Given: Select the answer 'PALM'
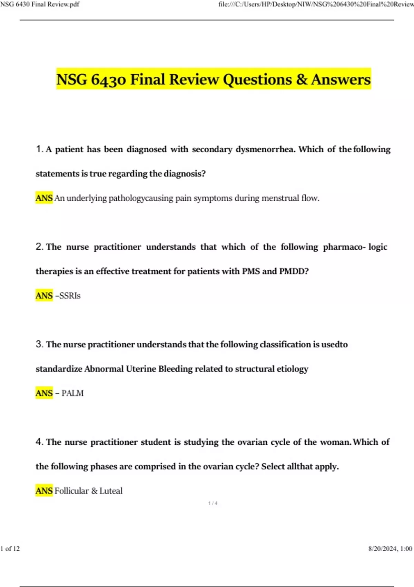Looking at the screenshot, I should pyautogui.click(x=72, y=393).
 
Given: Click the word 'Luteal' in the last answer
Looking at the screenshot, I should pyautogui.click(x=111, y=491).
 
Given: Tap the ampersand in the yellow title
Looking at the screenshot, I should pyautogui.click(x=302, y=79).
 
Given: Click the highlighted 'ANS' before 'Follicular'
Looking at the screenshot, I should pyautogui.click(x=44, y=491).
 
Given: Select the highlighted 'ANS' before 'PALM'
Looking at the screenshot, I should pyautogui.click(x=44, y=393).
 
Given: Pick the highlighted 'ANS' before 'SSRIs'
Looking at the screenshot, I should pyautogui.click(x=44, y=296).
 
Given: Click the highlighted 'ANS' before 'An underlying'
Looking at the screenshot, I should pyautogui.click(x=44, y=198).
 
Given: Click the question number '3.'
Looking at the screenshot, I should pyautogui.click(x=40, y=345).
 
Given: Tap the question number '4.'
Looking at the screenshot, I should pyautogui.click(x=40, y=442).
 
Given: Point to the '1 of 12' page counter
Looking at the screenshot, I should pyautogui.click(x=10, y=549).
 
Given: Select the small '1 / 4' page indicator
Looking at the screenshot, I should pyautogui.click(x=213, y=503).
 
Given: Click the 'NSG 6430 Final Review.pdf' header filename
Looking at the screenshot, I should pyautogui.click(x=40, y=4).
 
